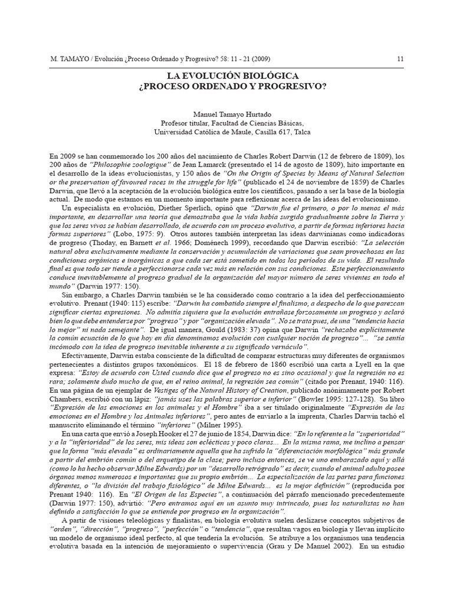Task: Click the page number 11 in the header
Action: click(x=401, y=59)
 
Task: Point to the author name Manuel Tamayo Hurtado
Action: click(x=226, y=114)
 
